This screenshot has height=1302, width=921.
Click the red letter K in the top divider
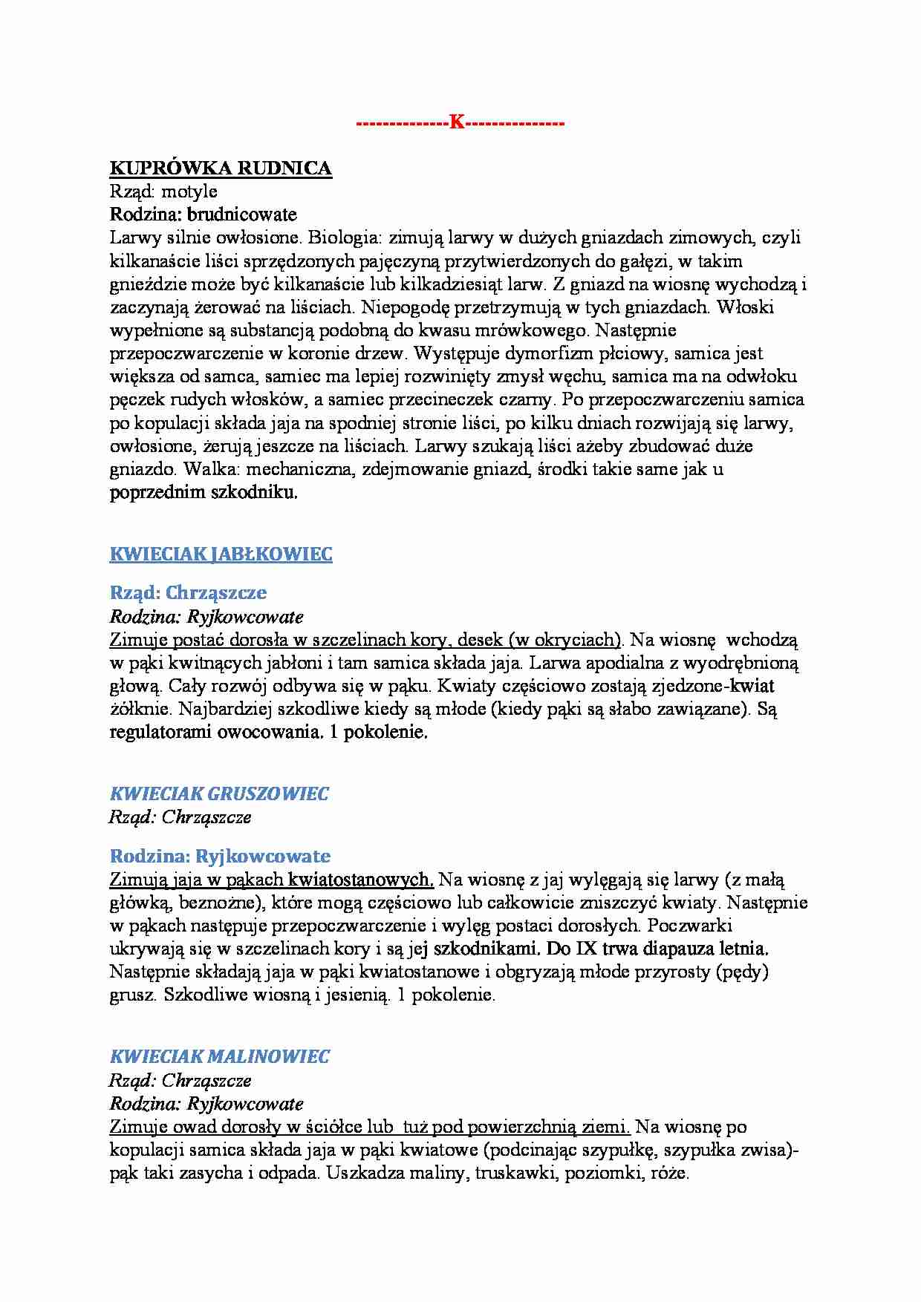coord(456,123)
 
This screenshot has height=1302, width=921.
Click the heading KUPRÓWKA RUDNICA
coord(221,169)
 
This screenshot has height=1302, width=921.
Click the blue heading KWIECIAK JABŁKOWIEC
coord(221,555)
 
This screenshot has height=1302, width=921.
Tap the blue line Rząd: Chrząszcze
coord(188,592)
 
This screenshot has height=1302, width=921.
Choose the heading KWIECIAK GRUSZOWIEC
coord(219,794)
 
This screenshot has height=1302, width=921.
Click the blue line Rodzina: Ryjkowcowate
coord(220,856)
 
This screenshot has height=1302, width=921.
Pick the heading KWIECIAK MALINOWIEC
coord(220,1056)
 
